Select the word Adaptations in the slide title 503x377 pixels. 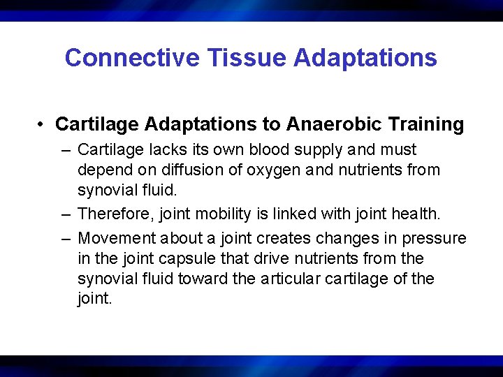(365, 58)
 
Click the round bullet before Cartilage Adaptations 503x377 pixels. (43, 125)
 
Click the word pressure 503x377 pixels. (436, 238)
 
